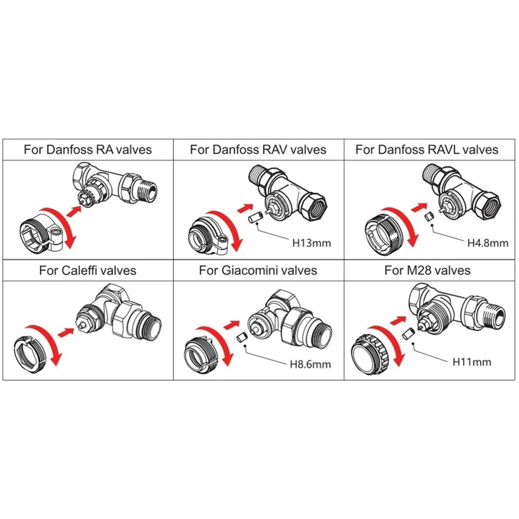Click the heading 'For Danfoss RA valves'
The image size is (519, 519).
click(x=88, y=149)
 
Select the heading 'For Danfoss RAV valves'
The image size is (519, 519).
click(x=258, y=149)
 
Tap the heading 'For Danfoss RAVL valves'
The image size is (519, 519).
click(x=427, y=149)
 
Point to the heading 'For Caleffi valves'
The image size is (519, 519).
click(x=88, y=271)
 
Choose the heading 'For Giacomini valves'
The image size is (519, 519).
click(x=258, y=271)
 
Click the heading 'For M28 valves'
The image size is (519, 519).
click(x=427, y=271)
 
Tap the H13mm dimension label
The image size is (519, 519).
click(x=311, y=243)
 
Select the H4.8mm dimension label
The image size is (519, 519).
click(x=488, y=243)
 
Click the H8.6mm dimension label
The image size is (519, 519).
click(x=311, y=365)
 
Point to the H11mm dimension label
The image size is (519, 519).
click(x=472, y=362)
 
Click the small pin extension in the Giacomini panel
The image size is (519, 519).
click(x=242, y=337)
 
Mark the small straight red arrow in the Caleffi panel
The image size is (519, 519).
click(x=65, y=332)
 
